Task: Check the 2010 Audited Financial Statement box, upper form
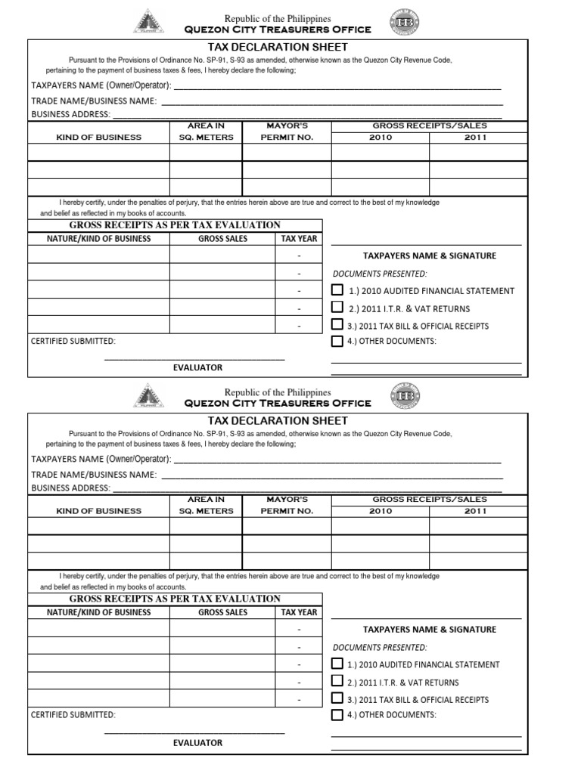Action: [337, 290]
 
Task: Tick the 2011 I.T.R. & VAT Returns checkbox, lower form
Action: [337, 682]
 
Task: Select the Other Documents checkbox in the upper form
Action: [337, 341]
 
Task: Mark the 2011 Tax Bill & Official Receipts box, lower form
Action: [337, 698]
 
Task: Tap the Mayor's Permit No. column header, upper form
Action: [287, 132]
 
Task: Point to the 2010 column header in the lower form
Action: [381, 512]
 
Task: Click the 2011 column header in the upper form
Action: [476, 138]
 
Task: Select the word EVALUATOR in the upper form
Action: [197, 367]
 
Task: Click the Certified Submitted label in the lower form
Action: [73, 714]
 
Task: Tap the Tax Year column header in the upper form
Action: [300, 239]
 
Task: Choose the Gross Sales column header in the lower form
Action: [222, 612]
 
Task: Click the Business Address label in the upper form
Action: [70, 115]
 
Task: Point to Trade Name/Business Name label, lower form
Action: [94, 475]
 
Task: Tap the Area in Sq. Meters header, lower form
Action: [206, 506]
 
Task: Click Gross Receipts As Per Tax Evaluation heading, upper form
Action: [175, 225]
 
